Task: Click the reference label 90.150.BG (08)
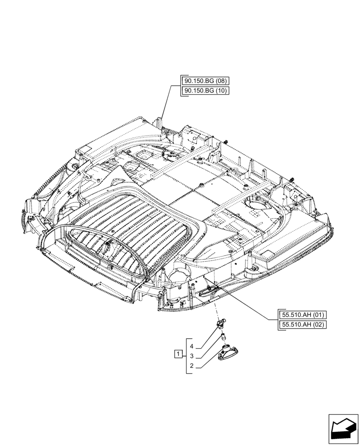(205, 81)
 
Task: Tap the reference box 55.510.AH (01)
(303, 314)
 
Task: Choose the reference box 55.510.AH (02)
(303, 324)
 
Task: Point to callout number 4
(191, 346)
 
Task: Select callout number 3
(191, 356)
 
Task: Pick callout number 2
(191, 366)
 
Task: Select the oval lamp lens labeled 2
(228, 351)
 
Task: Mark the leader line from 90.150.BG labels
(166, 105)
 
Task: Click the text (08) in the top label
(221, 81)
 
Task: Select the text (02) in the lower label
(319, 324)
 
